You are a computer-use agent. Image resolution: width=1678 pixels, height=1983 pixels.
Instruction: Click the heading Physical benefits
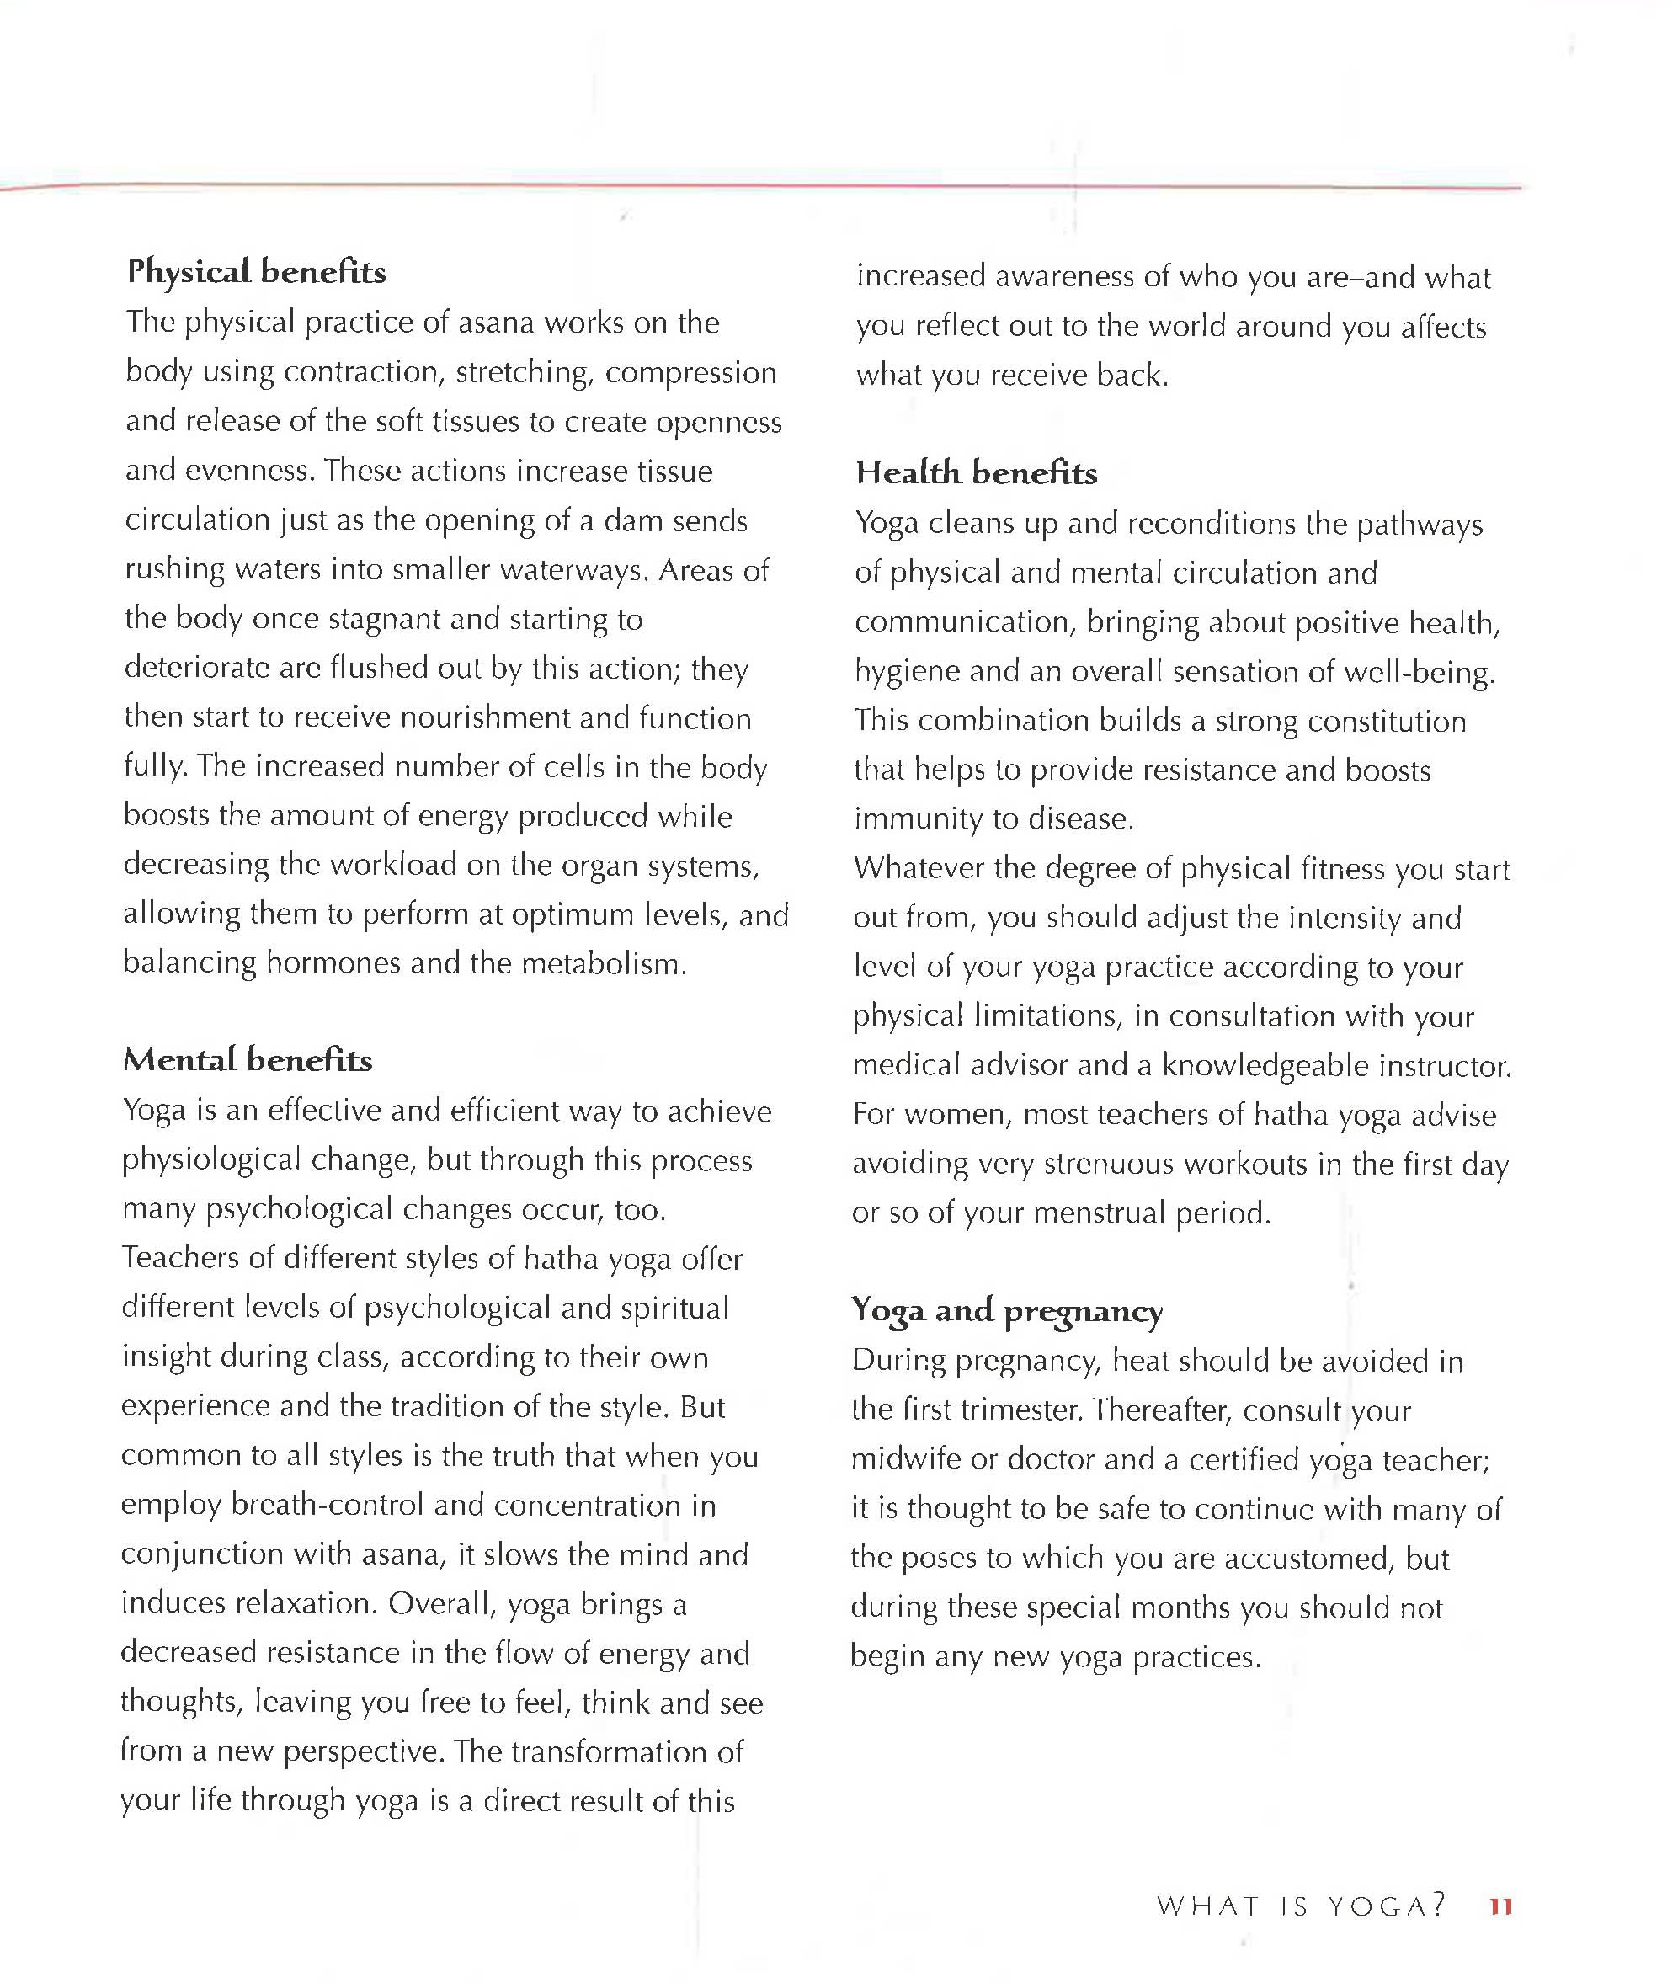click(x=257, y=272)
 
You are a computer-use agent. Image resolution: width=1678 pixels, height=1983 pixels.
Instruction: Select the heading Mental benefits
click(x=248, y=1060)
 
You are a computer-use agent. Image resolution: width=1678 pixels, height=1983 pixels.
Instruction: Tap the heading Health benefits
click(x=976, y=473)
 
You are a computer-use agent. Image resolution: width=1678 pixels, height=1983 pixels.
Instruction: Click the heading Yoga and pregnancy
click(x=1006, y=1311)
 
